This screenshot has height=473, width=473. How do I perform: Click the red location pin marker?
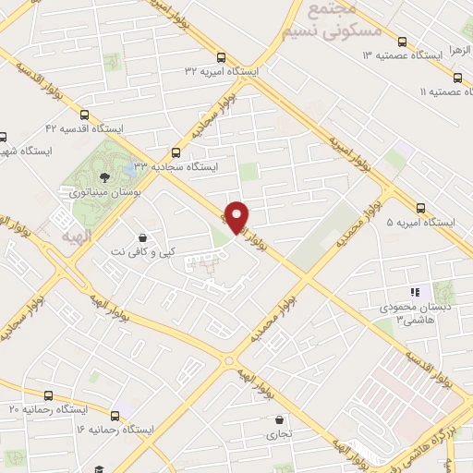click(x=237, y=216)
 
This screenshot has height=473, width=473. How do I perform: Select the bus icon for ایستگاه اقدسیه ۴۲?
click(x=85, y=115)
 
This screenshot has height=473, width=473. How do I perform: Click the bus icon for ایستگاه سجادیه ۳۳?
click(x=176, y=152)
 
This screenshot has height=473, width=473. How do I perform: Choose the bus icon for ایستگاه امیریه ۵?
click(x=421, y=208)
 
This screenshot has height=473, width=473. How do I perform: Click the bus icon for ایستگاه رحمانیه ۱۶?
click(x=115, y=416)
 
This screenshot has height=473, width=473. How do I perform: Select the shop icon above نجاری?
click(x=278, y=418)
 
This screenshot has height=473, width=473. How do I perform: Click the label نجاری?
click(x=278, y=432)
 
